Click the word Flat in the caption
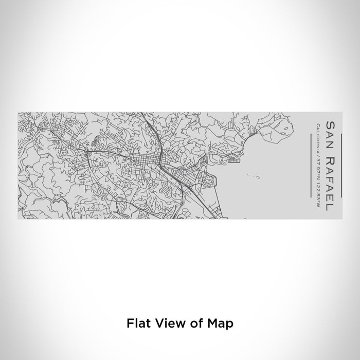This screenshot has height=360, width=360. (x=137, y=323)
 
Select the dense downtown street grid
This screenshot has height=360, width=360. (x=136, y=165)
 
